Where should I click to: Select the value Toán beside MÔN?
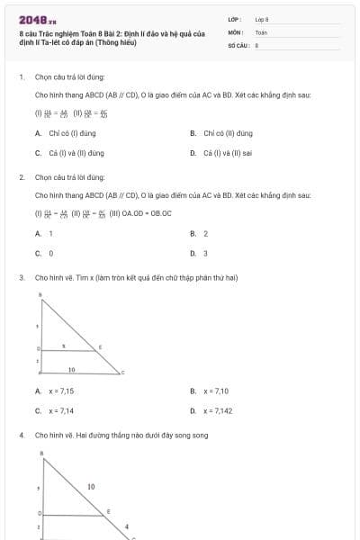(261, 31)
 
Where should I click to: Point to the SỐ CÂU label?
(238, 43)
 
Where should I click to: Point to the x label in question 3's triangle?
(63, 344)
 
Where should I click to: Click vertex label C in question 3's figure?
(122, 372)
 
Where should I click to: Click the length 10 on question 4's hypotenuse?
(91, 486)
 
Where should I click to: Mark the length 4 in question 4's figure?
(126, 526)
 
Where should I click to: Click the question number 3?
(21, 278)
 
